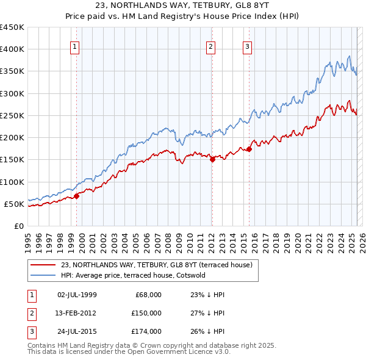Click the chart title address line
click(182, 6)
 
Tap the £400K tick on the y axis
click(12, 49)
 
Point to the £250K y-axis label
click(12, 115)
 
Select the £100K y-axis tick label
click(12, 182)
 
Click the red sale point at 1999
click(77, 196)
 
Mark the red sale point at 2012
click(212, 160)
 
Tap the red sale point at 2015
click(249, 149)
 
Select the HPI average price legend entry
click(133, 275)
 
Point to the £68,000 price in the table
click(148, 295)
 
